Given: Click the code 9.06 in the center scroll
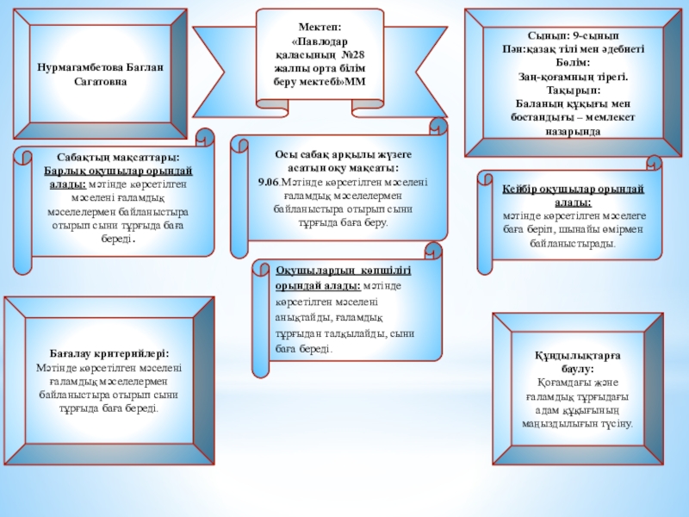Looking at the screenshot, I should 268,182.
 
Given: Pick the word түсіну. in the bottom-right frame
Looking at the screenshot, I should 613,424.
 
